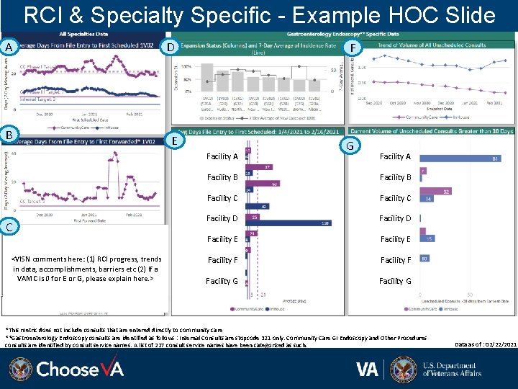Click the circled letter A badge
pos(9,47)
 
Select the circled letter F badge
pos(353,47)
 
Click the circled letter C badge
pos(9,227)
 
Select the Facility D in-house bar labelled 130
pos(288,223)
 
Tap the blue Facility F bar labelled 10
pos(424,258)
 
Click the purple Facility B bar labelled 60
pos(263,184)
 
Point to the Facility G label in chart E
pos(222,281)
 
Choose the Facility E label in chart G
pos(395,239)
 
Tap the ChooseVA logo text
pos(80,370)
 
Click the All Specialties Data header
pos(83,34)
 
